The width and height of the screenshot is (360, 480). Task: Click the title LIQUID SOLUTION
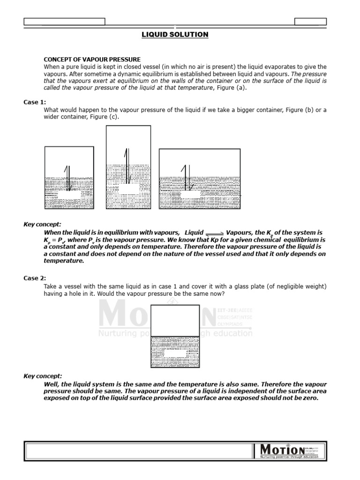[x=175, y=35]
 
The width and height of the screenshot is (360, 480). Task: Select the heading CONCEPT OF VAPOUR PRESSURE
[x=92, y=60]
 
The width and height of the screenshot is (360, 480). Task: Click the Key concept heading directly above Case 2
[x=42, y=224]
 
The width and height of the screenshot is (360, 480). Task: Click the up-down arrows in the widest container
[x=186, y=178]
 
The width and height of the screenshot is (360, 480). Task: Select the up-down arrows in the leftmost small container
[x=68, y=178]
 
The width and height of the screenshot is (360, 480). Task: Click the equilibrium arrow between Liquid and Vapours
[x=215, y=233]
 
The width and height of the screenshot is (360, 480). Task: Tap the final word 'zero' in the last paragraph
[x=310, y=398]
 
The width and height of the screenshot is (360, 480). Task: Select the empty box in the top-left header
[x=64, y=21]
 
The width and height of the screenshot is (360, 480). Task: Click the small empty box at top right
[x=310, y=21]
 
